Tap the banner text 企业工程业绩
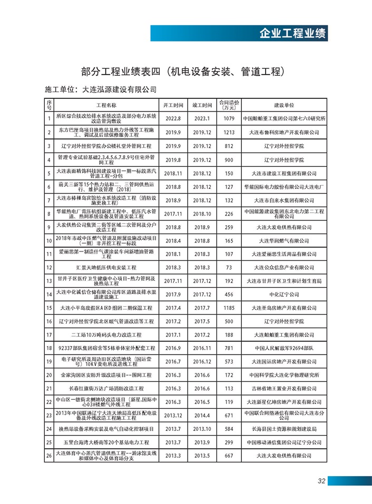coord(293,34)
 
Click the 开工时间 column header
coord(173,105)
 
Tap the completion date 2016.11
coord(202,348)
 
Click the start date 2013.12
coord(173,415)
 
